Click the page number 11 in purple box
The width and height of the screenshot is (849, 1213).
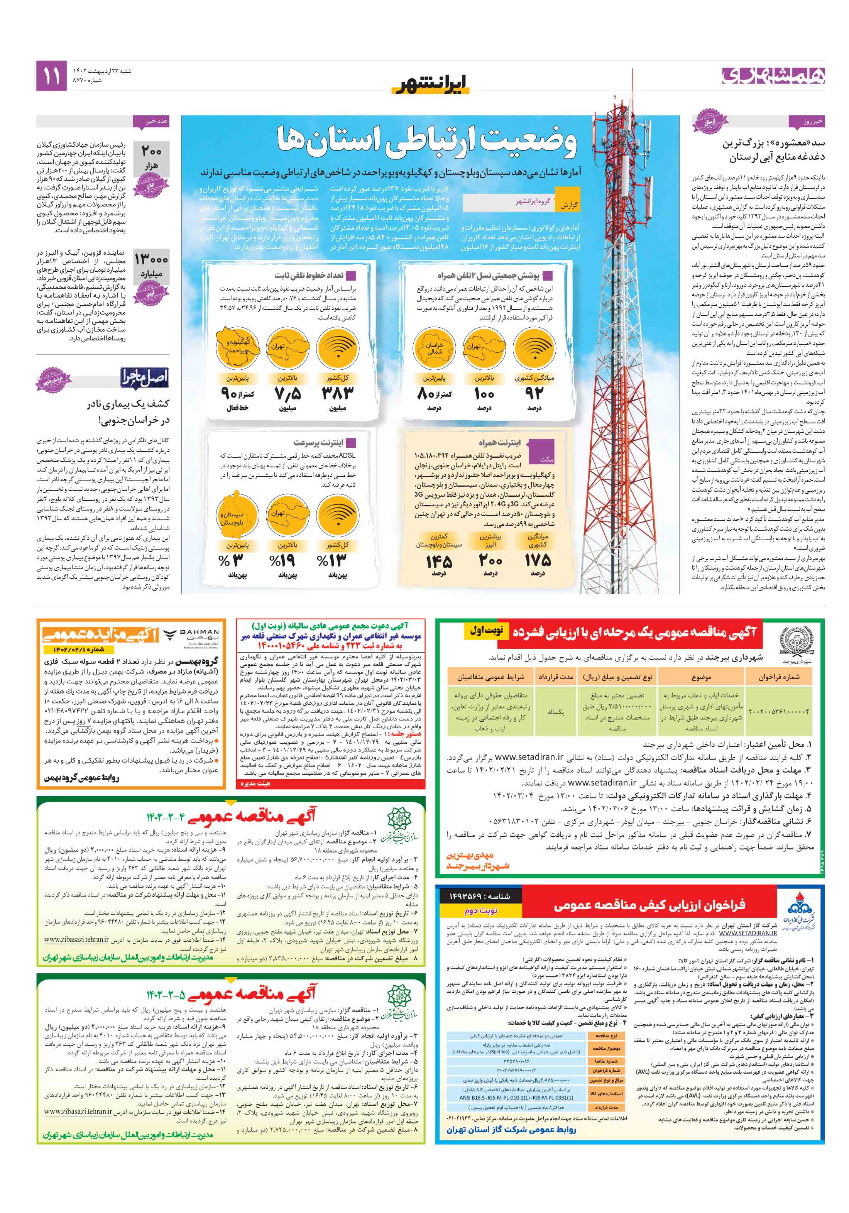[51, 76]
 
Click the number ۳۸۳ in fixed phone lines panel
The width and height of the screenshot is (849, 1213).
[337, 393]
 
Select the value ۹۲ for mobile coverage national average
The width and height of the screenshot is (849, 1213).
[534, 393]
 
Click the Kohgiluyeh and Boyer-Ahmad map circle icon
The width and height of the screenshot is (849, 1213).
[238, 347]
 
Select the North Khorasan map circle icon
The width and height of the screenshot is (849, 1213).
[434, 347]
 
